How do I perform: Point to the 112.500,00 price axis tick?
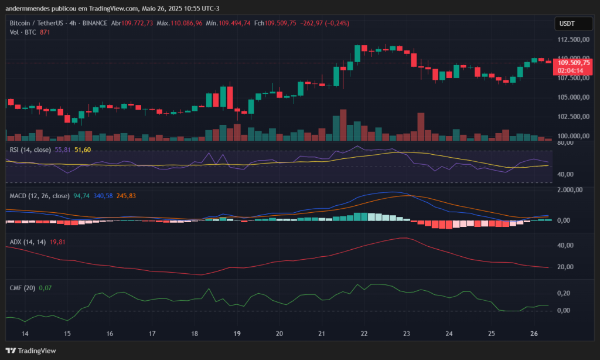pos(572,40)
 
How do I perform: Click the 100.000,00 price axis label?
pos(572,136)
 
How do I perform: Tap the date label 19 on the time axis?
pos(237,334)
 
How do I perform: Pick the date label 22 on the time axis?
pos(364,334)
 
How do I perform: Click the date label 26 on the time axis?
pos(534,334)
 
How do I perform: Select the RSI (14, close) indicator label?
pos(30,150)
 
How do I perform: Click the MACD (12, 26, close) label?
pos(40,196)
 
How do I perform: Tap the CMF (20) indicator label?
pos(22,288)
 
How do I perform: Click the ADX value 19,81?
pos(57,242)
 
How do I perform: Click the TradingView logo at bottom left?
pos(32,351)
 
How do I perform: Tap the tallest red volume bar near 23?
pos(420,126)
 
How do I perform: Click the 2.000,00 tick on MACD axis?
pos(569,190)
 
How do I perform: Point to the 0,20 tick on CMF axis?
pos(563,293)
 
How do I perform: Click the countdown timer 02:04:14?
pos(570,70)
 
